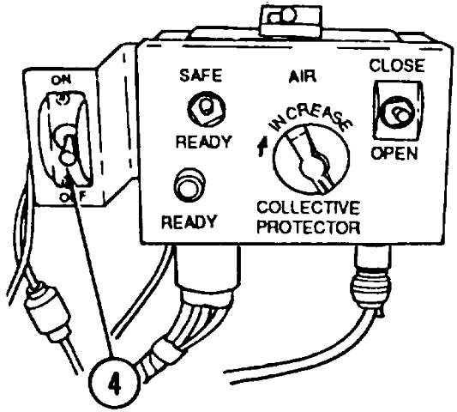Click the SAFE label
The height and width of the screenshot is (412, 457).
(201, 76)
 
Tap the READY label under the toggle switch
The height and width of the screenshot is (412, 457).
(204, 142)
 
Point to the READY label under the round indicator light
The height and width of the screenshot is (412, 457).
(189, 222)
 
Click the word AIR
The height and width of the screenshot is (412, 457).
(303, 76)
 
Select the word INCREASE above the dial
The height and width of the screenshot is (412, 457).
(310, 118)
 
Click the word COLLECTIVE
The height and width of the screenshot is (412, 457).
(308, 208)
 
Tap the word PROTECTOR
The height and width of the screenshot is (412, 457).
(309, 227)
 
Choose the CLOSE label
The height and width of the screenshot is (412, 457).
(397, 65)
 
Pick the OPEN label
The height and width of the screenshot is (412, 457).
(394, 153)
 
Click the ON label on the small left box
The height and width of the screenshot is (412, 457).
(61, 80)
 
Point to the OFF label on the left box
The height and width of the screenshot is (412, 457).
(73, 197)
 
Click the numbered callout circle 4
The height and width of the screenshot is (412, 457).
(113, 384)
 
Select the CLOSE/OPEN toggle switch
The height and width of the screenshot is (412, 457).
(399, 112)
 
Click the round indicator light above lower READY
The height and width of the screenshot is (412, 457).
(189, 185)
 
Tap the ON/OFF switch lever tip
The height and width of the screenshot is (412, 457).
(68, 159)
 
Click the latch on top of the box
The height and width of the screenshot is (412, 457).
(292, 19)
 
